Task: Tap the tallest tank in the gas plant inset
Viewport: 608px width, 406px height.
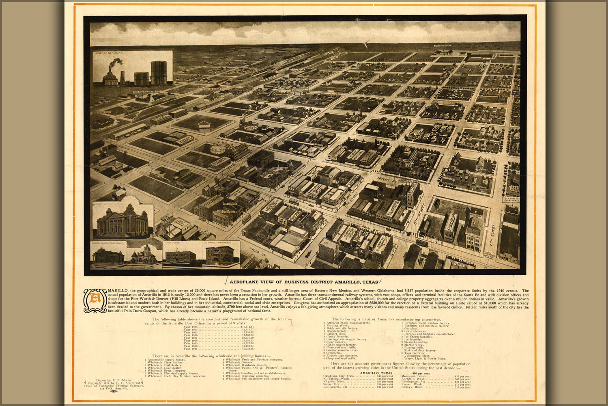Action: coord(159,73)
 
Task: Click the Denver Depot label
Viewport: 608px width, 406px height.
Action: coord(212,89)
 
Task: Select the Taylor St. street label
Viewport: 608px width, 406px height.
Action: coord(384,179)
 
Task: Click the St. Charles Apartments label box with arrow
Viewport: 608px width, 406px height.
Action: coord(511,199)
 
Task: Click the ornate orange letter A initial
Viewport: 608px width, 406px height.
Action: coord(95,300)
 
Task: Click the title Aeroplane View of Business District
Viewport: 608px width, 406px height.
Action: coord(303,282)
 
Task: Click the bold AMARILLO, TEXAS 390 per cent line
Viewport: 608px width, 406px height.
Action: coord(389,373)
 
